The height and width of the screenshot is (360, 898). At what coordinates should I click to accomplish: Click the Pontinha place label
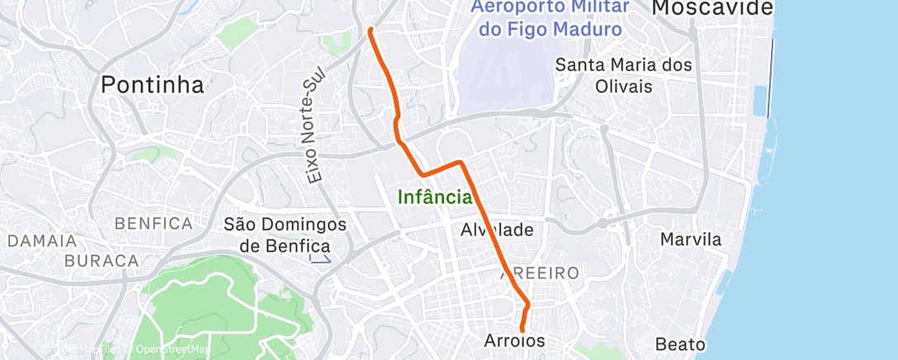pyautogui.click(x=152, y=84)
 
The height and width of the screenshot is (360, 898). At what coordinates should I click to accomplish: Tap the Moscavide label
pyautogui.click(x=712, y=8)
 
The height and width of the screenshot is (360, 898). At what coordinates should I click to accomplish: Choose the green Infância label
pyautogui.click(x=434, y=197)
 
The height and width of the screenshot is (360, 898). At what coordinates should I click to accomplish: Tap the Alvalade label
pyautogui.click(x=497, y=230)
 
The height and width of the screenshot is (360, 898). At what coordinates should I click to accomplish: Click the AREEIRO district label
pyautogui.click(x=540, y=272)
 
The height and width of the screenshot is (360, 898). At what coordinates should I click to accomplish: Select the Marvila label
pyautogui.click(x=692, y=240)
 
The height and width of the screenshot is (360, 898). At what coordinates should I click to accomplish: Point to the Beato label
pyautogui.click(x=682, y=343)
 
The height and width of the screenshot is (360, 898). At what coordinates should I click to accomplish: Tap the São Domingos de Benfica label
pyautogui.click(x=278, y=234)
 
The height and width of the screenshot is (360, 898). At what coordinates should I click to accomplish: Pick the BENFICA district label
pyautogui.click(x=154, y=223)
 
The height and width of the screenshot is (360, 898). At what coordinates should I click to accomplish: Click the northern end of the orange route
pyautogui.click(x=370, y=31)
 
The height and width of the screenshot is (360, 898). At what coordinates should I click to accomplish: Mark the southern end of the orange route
pyautogui.click(x=522, y=330)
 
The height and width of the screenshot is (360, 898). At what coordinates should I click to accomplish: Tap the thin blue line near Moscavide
pyautogui.click(x=772, y=78)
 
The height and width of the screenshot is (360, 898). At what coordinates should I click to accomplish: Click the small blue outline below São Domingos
pyautogui.click(x=319, y=258)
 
